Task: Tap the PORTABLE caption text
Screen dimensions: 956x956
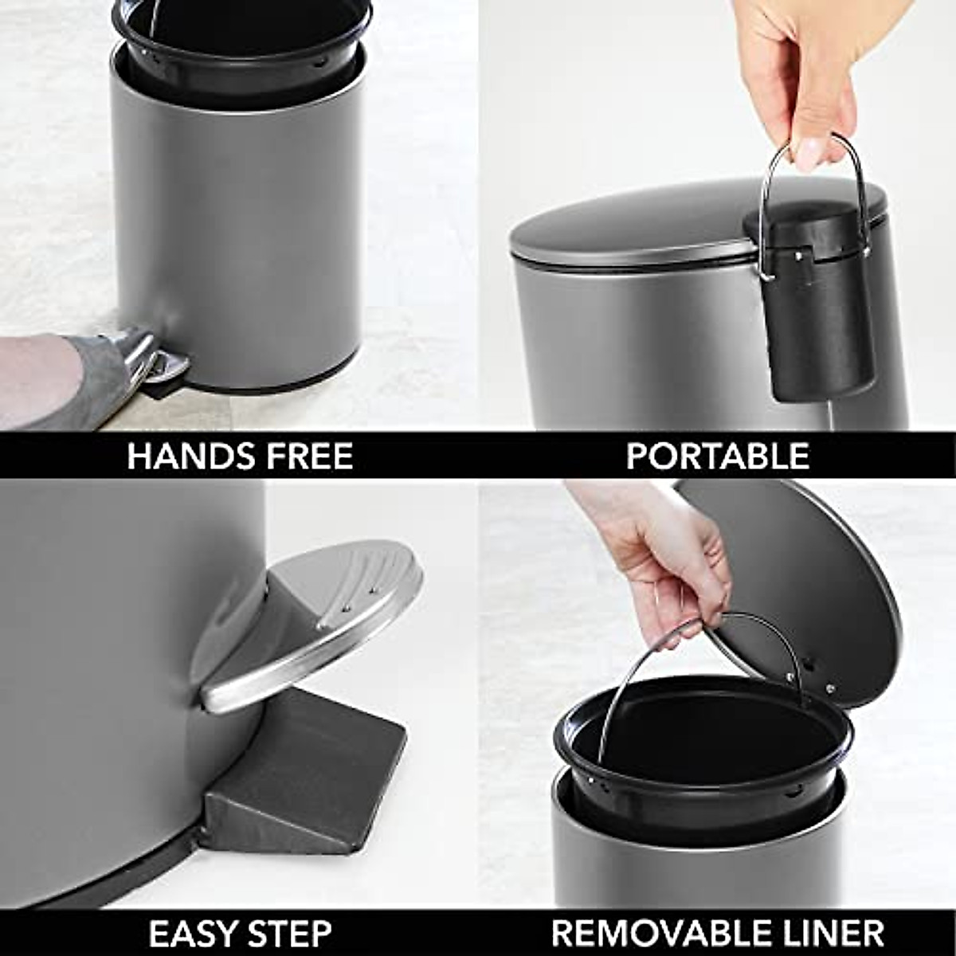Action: pos(717,456)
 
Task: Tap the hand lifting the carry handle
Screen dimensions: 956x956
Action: pos(797,72)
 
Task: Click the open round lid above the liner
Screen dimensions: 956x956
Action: pos(805,590)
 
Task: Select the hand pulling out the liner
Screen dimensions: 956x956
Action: pos(661,558)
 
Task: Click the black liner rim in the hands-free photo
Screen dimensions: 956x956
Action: pos(239,48)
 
